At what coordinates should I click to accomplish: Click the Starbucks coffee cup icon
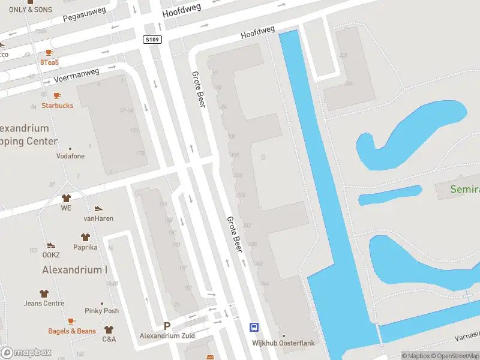tap(57, 95)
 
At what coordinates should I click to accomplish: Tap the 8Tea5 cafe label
tap(50, 62)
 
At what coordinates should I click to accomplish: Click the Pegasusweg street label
tap(85, 14)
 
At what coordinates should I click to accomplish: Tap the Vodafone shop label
tap(70, 156)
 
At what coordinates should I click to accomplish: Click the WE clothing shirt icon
tap(66, 198)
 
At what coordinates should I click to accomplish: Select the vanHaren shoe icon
tap(98, 208)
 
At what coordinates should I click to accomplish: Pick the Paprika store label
tap(85, 247)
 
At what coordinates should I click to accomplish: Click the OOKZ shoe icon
tap(51, 245)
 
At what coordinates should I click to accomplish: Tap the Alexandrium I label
tap(74, 270)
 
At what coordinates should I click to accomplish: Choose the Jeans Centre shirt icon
tap(44, 293)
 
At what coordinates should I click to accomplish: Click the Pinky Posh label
tap(102, 311)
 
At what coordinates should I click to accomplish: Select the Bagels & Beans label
tap(72, 331)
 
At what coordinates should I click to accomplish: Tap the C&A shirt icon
tap(109, 329)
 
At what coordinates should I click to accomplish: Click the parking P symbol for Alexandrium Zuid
tap(167, 326)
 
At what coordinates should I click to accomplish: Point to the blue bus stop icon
tap(254, 327)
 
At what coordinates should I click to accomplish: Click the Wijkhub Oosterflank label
tap(284, 343)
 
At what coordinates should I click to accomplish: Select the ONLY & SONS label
tap(30, 10)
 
